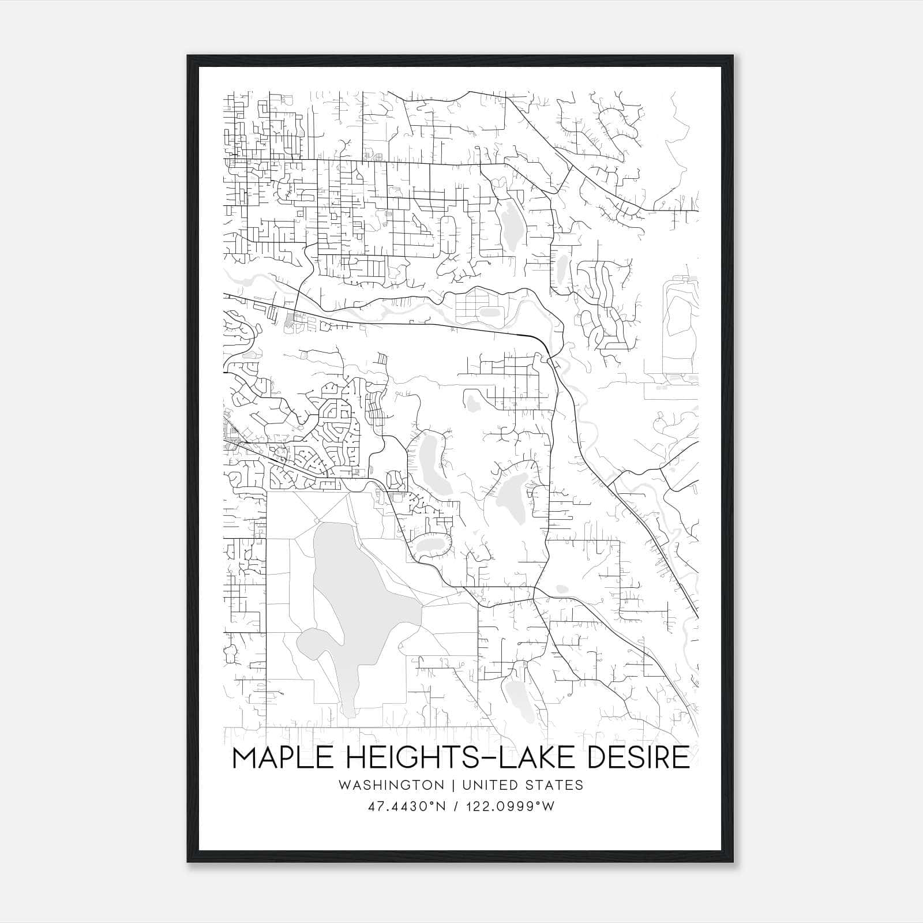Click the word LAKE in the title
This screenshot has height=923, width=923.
point(532,757)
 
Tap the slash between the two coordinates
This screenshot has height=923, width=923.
point(456,806)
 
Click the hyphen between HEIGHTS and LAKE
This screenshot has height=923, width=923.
point(480,759)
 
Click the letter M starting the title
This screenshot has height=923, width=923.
point(244,757)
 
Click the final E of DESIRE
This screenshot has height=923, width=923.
point(682,757)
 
